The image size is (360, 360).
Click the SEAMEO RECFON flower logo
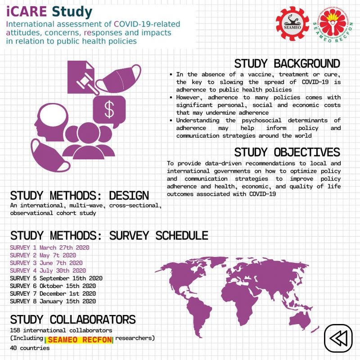(333, 24)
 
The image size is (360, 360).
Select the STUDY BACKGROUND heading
(287, 63)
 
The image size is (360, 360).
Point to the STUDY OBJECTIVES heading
(287, 152)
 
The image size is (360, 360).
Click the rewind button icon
(338, 337)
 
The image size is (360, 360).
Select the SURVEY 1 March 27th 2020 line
(49, 248)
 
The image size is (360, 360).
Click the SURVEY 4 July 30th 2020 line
(48, 270)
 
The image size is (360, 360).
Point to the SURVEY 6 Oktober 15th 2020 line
(53, 286)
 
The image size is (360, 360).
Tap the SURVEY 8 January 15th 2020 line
(53, 301)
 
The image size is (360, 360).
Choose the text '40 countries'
(30, 348)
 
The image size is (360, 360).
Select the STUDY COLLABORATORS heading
(72, 319)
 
